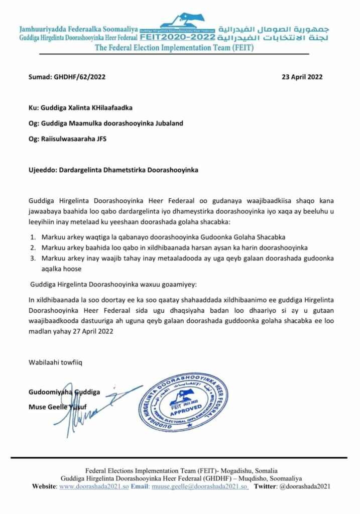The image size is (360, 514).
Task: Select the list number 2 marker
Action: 33,247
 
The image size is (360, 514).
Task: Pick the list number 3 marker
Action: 33,258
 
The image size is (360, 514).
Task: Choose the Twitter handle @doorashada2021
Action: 302,487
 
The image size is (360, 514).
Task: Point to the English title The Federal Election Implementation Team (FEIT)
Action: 180,48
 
